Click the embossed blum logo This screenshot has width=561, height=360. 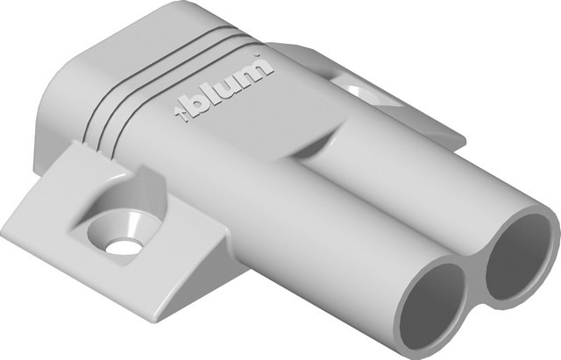[x=224, y=88]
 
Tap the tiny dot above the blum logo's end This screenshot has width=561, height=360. [x=256, y=54]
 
